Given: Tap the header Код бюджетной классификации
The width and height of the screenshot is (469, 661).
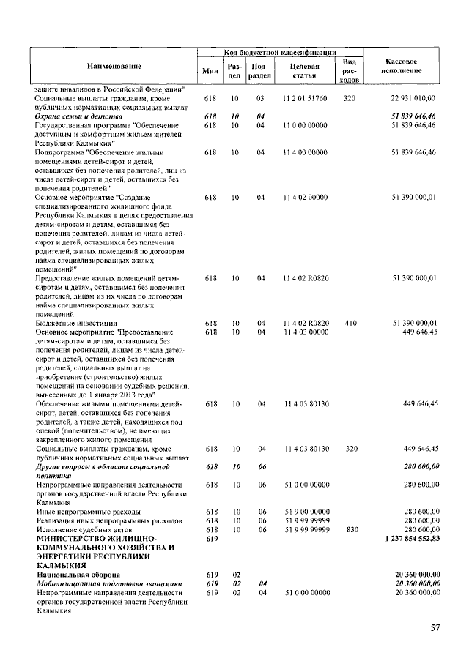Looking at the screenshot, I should tap(279, 53).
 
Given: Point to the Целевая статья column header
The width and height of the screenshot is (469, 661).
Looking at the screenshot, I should tap(304, 70).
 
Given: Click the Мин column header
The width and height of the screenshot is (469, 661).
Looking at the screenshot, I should tap(210, 71).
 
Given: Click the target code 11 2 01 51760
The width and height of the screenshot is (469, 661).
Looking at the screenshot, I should tap(305, 98).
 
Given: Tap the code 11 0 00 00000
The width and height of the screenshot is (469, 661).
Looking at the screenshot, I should tap(305, 125).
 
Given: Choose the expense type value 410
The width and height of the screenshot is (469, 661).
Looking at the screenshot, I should tap(350, 323).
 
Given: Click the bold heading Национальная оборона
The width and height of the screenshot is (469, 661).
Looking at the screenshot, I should tap(78, 575).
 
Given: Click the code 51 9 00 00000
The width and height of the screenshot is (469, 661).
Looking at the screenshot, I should tap(305, 511).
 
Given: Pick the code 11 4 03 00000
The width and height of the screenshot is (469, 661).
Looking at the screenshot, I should tap(305, 332).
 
